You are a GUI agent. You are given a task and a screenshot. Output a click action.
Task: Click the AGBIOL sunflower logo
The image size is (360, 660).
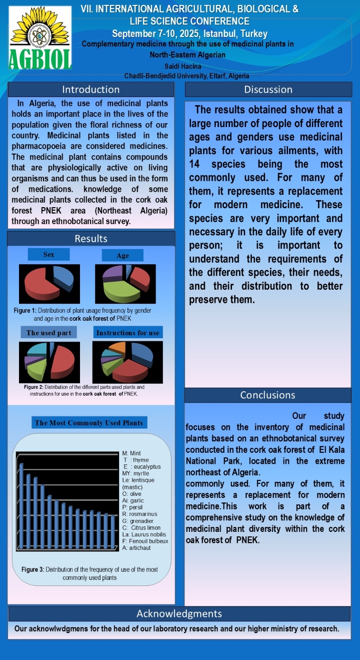40,40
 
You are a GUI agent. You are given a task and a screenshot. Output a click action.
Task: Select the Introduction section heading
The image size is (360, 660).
90,90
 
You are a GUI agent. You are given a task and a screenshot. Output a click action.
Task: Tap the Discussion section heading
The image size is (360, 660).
268,90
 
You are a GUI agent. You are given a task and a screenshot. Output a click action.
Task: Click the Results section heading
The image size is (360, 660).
90,239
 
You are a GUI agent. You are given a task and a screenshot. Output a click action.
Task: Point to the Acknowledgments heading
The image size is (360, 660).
179,613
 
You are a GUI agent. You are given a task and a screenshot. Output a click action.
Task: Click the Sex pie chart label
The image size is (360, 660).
48,255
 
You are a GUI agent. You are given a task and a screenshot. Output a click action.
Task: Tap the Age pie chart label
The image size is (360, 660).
122,256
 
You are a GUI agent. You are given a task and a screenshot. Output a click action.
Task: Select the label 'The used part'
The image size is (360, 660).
48,333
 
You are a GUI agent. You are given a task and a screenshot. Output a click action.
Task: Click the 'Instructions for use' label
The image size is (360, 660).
128,333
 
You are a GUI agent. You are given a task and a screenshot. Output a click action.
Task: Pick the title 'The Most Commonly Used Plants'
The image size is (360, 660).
89,423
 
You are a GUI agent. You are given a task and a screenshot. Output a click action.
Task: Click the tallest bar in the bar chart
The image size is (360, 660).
21,505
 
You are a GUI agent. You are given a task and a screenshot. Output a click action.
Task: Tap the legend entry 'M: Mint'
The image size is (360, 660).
131,453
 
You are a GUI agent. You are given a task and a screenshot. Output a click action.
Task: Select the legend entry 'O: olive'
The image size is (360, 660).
132,494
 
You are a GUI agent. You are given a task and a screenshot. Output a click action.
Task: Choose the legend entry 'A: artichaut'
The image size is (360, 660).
136,548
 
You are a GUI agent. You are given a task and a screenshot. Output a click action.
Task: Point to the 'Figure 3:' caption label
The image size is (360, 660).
33,569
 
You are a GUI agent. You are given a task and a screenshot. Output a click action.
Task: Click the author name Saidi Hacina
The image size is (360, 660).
182,66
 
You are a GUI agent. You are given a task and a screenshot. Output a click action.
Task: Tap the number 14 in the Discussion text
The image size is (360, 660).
194,164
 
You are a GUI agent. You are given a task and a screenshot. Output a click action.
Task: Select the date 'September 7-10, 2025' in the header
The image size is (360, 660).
155,34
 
